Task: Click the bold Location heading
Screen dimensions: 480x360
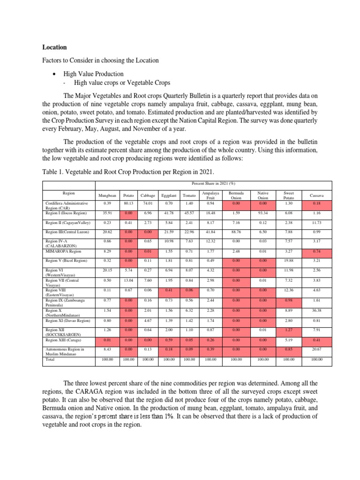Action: [x=54, y=47]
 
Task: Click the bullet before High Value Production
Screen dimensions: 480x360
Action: [x=54, y=74]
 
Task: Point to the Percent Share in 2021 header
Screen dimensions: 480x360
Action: [x=210, y=184]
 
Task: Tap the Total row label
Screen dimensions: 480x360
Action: [x=50, y=359]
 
